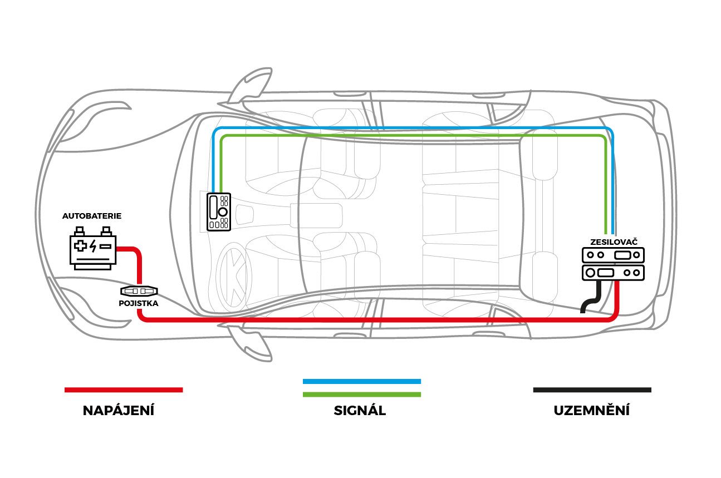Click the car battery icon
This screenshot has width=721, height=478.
92,249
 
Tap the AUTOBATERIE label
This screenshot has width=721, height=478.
92,215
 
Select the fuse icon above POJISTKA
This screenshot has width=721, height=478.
139,291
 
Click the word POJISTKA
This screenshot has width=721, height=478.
139,304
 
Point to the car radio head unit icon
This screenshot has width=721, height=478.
219,212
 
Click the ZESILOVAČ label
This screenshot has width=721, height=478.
614,242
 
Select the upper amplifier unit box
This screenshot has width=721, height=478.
613,255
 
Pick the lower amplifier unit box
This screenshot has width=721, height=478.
613,273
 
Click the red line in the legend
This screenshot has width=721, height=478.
124,390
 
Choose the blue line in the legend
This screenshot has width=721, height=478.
362,381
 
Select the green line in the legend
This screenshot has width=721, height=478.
362,395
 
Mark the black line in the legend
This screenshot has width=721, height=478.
592,390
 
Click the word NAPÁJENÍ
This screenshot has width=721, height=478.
119,411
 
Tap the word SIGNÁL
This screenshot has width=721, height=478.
360,411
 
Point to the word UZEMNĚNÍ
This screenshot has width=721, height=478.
591,411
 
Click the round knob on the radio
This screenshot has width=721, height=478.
222,212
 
